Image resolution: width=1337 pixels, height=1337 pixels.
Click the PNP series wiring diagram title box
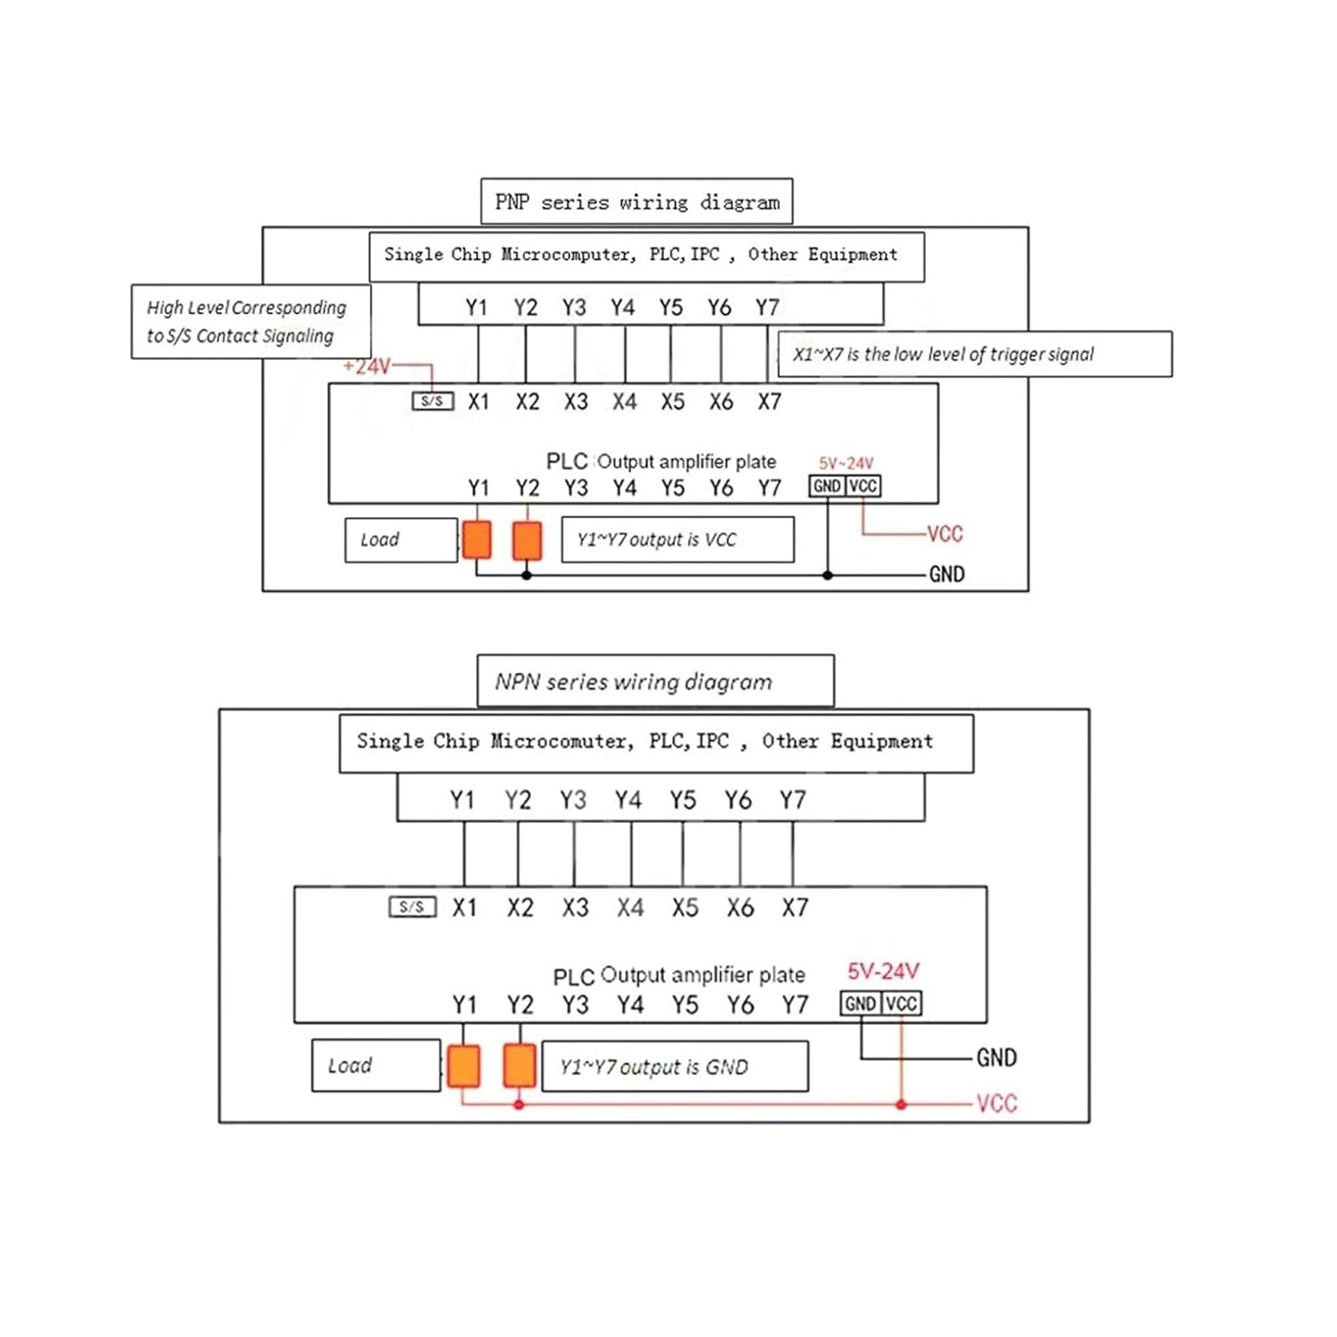click(636, 202)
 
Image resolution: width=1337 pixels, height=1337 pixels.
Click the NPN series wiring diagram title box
click(655, 682)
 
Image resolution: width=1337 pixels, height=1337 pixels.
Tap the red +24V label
click(366, 366)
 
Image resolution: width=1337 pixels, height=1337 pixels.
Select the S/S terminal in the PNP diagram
click(432, 401)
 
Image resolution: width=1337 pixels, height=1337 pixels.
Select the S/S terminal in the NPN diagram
click(412, 907)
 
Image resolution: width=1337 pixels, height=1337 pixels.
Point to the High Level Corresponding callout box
click(250, 322)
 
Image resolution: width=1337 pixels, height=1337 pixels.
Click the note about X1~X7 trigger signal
click(974, 355)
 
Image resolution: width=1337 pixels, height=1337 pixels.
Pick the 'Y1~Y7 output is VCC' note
click(677, 540)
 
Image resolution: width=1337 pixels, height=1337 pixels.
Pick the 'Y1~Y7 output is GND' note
click(675, 1067)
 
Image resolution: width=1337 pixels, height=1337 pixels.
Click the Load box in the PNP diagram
click(401, 540)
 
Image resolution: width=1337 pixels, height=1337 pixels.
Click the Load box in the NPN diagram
click(375, 1066)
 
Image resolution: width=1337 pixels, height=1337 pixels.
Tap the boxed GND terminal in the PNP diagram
click(826, 487)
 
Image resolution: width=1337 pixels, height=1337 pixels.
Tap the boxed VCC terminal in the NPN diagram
click(901, 1004)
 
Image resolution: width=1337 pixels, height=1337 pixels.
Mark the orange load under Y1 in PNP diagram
click(477, 540)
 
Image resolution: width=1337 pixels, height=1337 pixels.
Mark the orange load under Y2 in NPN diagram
click(520, 1066)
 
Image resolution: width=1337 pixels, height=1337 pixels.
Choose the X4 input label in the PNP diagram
click(624, 402)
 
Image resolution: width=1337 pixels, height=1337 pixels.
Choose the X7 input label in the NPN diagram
click(794, 908)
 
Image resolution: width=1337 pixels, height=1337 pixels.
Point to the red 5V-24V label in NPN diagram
click(882, 972)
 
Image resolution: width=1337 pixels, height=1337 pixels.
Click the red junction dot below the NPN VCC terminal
click(901, 1105)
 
